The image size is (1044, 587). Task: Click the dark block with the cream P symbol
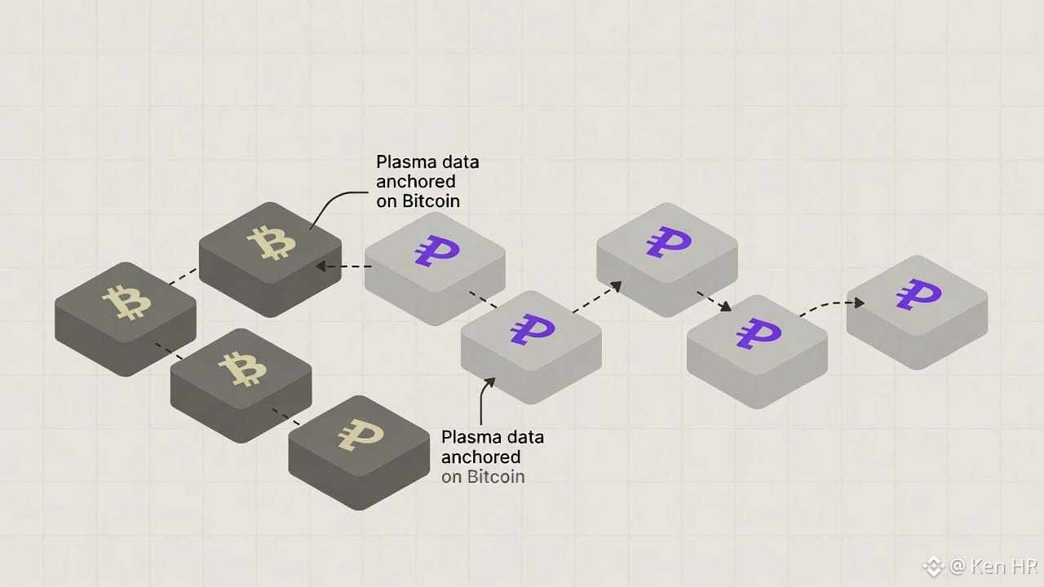[x=359, y=444]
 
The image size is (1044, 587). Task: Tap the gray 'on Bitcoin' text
[x=483, y=477]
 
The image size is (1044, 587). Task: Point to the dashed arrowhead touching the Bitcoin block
[x=321, y=266]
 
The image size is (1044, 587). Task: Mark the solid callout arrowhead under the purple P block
[x=489, y=381]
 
